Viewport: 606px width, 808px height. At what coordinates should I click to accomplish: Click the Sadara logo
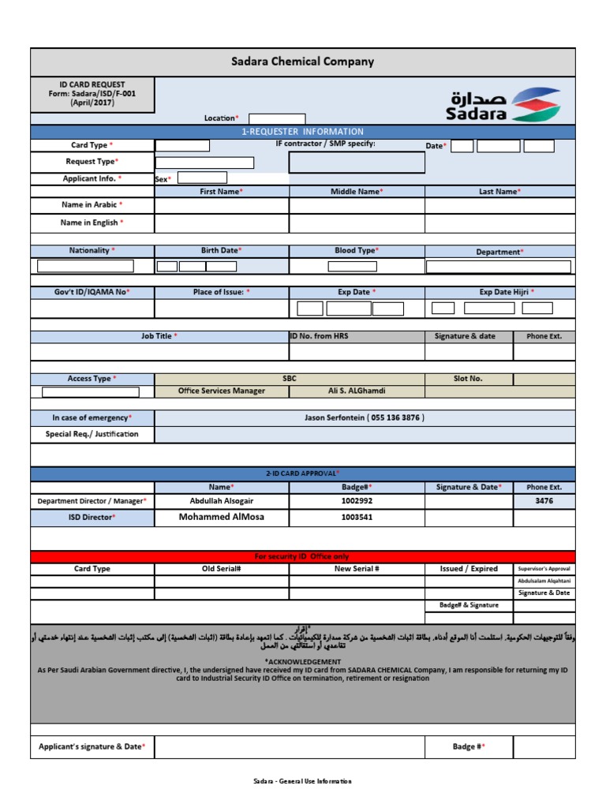[x=505, y=104]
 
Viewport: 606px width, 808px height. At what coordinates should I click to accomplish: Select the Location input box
[x=276, y=118]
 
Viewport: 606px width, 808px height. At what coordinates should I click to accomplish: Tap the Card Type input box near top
[x=182, y=145]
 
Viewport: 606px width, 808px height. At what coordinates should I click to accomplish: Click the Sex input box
[x=201, y=178]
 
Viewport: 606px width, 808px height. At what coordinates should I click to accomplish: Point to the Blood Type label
[x=357, y=251]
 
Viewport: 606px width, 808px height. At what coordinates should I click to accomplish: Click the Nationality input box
[x=85, y=266]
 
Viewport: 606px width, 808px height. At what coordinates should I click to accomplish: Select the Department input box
[x=498, y=267]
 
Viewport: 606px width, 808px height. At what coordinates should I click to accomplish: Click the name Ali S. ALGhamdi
[x=357, y=391]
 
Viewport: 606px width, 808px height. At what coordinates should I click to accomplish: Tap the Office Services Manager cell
[x=222, y=391]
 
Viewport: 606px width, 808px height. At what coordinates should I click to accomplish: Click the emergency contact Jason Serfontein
[x=365, y=417]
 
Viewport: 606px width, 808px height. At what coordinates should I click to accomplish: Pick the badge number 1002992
[x=357, y=501]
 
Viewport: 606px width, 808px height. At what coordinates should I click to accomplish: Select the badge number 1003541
[x=357, y=518]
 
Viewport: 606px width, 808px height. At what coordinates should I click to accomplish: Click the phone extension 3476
[x=544, y=501]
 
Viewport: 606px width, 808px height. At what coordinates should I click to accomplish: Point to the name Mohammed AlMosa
[x=222, y=518]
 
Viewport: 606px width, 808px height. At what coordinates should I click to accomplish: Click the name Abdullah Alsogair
[x=222, y=501]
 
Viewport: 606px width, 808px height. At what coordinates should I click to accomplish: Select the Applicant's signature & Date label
[x=92, y=746]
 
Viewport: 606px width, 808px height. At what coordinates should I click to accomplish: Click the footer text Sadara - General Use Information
[x=302, y=781]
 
